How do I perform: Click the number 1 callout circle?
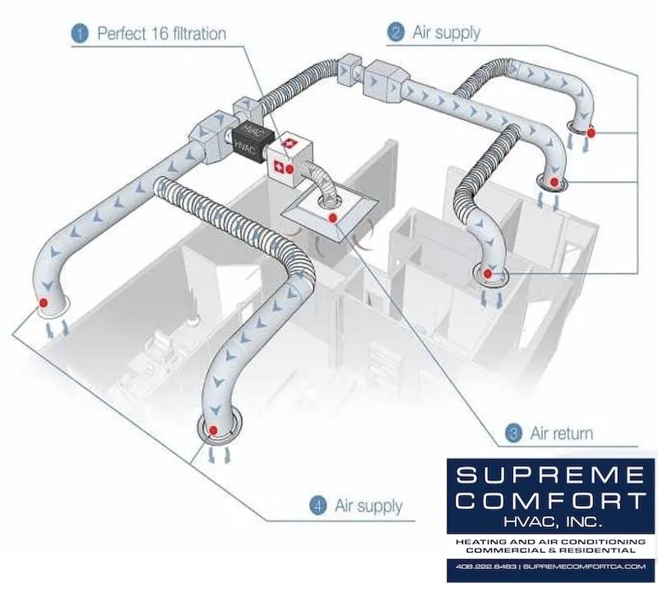click(80, 34)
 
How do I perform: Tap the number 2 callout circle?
click(396, 33)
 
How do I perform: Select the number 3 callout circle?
click(514, 433)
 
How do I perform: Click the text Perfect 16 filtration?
click(161, 34)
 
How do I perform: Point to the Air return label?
click(562, 433)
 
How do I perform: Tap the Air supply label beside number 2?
click(445, 33)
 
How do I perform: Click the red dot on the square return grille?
click(332, 218)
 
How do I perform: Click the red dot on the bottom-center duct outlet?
click(214, 430)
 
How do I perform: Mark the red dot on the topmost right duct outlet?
click(590, 131)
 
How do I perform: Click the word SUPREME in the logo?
click(550, 476)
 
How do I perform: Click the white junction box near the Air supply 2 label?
click(381, 77)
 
